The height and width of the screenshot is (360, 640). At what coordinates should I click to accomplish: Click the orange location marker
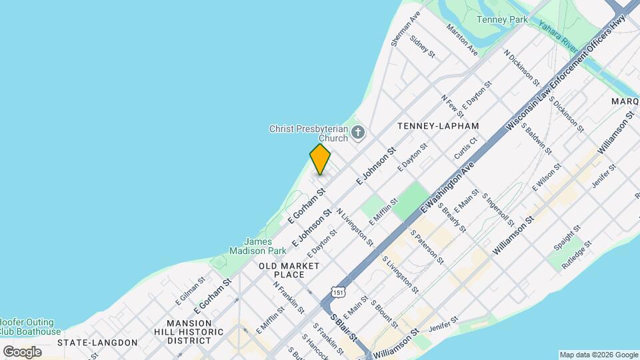[320, 159]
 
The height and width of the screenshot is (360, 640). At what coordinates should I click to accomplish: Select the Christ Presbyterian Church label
[309, 133]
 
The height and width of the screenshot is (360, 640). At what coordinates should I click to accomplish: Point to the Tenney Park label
[502, 19]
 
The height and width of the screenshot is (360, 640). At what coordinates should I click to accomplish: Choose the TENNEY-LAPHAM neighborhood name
[438, 125]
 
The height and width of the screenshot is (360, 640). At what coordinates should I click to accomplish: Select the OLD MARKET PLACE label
[289, 270]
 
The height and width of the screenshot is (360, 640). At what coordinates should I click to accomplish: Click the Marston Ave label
[463, 40]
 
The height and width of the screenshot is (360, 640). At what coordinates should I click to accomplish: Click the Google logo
[22, 351]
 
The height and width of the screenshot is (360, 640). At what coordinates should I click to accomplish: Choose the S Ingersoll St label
[499, 210]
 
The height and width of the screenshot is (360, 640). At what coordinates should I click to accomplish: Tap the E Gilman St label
[189, 293]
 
